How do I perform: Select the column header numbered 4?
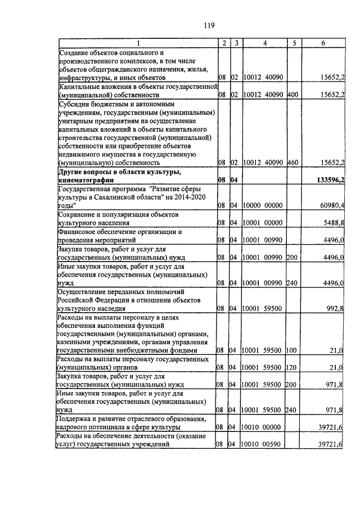click(264, 43)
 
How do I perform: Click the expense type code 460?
click(291, 163)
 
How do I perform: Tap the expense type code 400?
click(291, 94)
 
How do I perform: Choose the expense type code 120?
click(291, 367)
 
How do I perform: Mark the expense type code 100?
click(291, 350)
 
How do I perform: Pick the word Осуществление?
click(86, 291)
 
